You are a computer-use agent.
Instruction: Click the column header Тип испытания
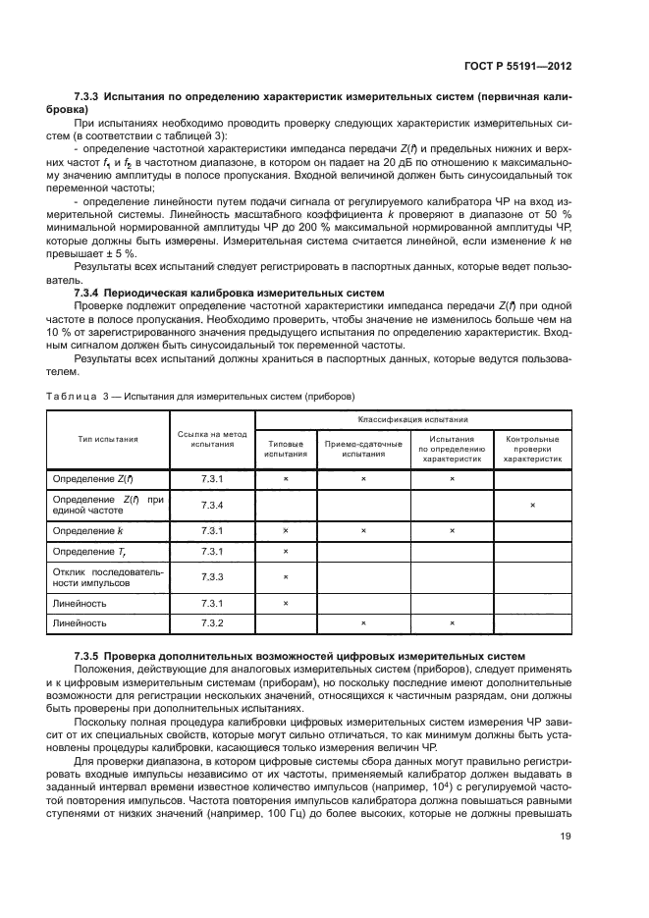coord(108,440)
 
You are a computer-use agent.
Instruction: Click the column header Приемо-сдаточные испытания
coord(363,449)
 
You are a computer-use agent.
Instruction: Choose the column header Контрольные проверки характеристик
coord(532,449)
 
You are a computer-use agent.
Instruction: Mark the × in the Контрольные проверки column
coord(532,505)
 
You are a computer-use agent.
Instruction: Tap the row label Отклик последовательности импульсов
coord(109,576)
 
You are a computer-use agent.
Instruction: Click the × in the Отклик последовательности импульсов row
coord(285,576)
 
